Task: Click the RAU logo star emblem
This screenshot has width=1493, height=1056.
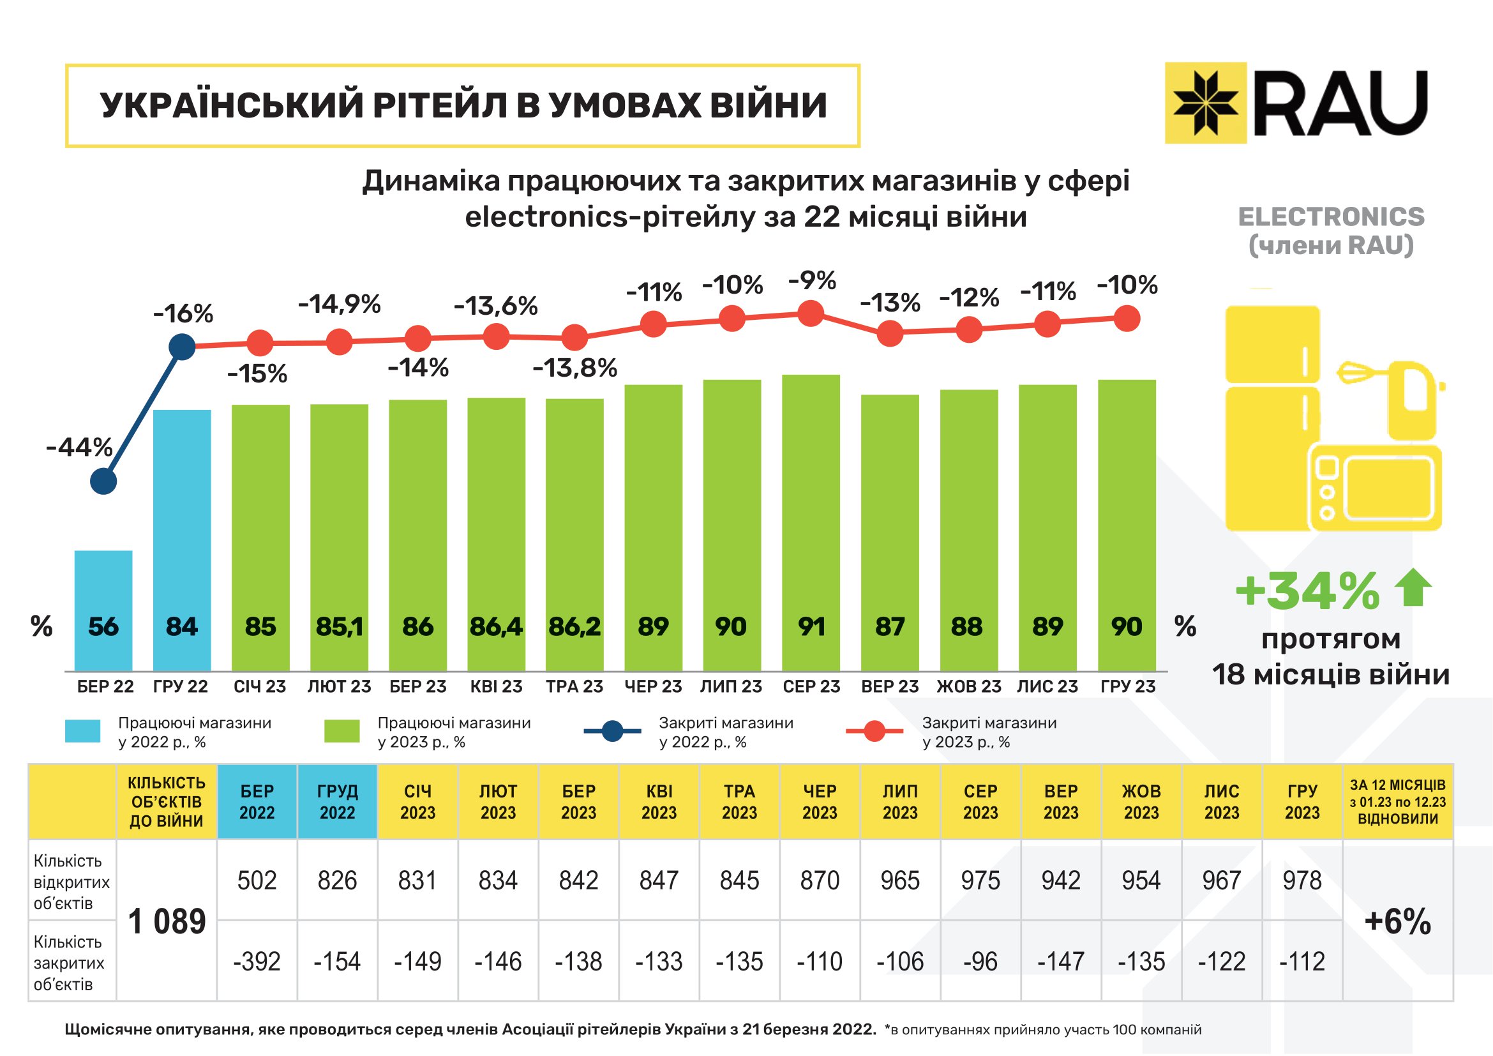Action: coord(1205,103)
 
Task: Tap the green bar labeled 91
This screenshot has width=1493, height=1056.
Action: coord(811,520)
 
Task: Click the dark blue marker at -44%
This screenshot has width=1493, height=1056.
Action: coord(103,482)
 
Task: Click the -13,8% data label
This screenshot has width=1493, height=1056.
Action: coord(575,368)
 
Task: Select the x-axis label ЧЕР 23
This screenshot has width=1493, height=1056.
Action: coord(653,687)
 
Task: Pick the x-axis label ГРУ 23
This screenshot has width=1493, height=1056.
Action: coord(1127,687)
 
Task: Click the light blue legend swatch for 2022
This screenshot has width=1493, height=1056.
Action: coord(82,731)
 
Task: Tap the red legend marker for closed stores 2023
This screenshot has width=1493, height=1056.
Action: coord(874,731)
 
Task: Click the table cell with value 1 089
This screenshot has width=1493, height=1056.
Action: coord(167,921)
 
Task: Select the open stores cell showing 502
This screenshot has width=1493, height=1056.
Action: coord(257,880)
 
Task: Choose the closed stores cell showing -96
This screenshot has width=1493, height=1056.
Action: coord(980,961)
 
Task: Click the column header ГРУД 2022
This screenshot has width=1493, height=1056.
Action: coord(337,802)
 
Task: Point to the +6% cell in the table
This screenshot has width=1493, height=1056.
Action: coord(1397,921)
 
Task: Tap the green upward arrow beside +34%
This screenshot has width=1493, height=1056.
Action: coord(1414,587)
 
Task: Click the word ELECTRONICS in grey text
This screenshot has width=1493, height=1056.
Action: coord(1330,216)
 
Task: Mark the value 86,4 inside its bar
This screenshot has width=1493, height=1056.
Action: coord(496,627)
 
